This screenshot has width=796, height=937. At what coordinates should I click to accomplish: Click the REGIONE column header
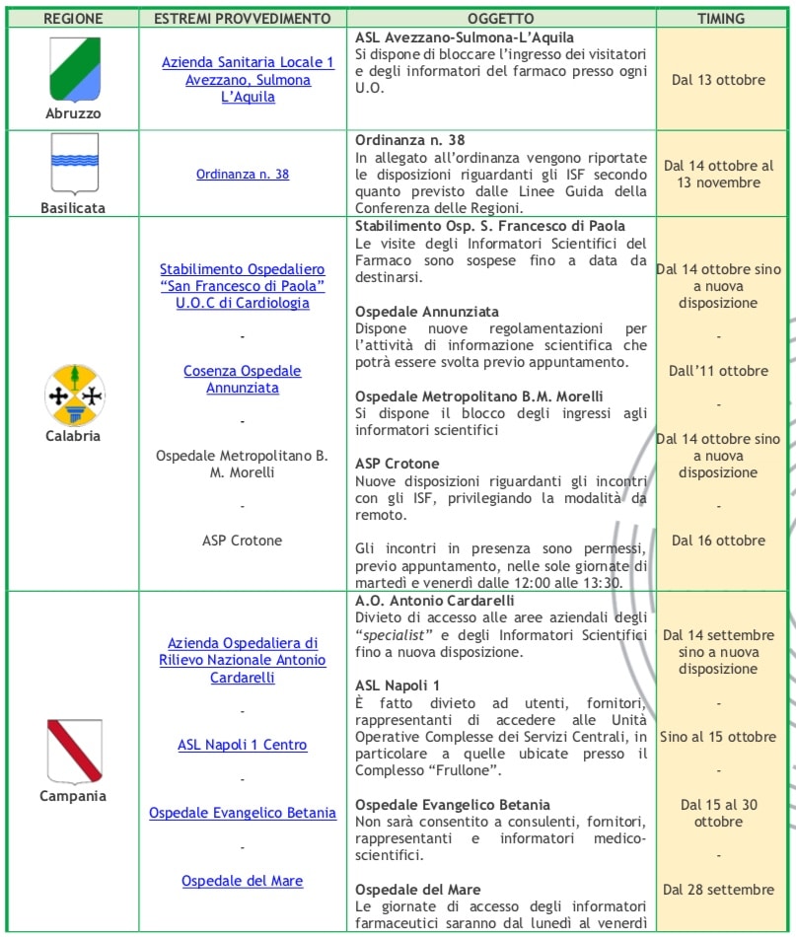click(73, 19)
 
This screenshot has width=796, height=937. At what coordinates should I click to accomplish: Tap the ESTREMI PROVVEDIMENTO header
click(243, 19)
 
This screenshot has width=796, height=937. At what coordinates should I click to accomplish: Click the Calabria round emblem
click(73, 395)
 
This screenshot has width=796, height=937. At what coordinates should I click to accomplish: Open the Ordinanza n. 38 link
click(243, 175)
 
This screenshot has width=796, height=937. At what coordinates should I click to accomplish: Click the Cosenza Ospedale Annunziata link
click(243, 380)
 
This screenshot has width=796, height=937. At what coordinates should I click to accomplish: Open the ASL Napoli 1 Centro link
click(243, 745)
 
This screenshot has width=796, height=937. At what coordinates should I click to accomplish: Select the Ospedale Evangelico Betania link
click(243, 813)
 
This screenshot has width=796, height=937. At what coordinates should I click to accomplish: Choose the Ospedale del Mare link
click(243, 881)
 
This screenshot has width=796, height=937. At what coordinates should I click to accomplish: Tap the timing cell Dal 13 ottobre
click(718, 80)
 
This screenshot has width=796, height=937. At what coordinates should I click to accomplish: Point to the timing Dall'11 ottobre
click(718, 371)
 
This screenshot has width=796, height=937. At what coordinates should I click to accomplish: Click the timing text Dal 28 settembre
click(718, 890)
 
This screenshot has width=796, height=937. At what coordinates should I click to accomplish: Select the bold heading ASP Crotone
click(398, 464)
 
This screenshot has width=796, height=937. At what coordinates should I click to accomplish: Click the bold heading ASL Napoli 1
click(398, 685)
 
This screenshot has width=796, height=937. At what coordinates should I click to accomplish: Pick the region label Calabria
click(73, 436)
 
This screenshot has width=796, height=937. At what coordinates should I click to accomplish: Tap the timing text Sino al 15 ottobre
click(718, 737)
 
